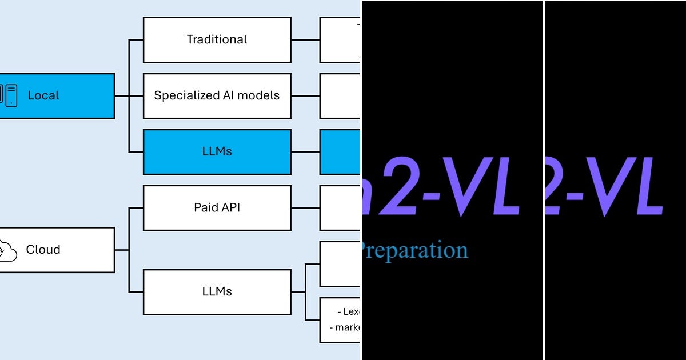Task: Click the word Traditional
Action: [217, 39]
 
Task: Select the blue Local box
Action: [57, 96]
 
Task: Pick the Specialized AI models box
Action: [217, 95]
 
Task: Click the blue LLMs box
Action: [217, 152]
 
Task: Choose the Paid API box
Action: [217, 207]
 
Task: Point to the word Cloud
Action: [43, 250]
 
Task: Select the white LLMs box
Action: [217, 291]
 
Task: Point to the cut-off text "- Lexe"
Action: [349, 312]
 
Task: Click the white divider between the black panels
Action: [543, 180]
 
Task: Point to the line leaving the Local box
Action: [121, 96]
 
